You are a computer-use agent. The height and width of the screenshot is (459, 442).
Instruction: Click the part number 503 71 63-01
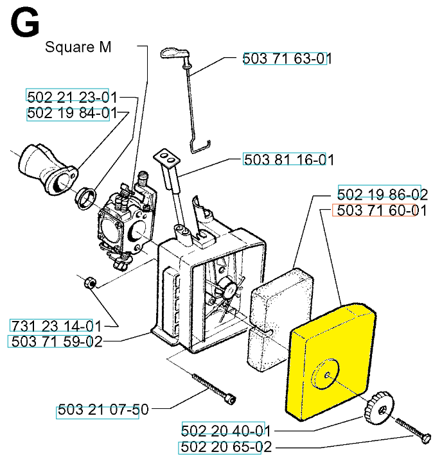[287, 59]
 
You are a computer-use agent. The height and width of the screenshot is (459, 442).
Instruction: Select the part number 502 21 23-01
[72, 97]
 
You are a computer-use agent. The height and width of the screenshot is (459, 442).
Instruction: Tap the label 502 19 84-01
[72, 114]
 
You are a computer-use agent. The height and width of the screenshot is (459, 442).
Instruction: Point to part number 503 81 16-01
[288, 160]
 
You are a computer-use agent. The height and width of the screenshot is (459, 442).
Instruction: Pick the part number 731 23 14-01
[56, 325]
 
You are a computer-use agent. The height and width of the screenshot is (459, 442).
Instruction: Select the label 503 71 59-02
[56, 342]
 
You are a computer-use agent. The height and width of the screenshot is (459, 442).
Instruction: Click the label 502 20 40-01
[225, 430]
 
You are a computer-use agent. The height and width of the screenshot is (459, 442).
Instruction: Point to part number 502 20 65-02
[225, 447]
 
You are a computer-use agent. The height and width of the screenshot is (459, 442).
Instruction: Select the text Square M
[78, 48]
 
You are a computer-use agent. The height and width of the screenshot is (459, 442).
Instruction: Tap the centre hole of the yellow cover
[328, 374]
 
